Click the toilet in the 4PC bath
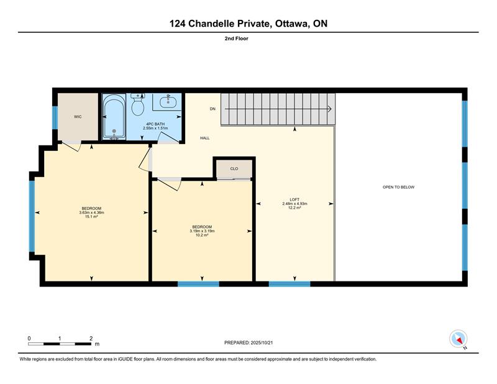pyautogui.click(x=137, y=104)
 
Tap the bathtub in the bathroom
pyautogui.click(x=114, y=116)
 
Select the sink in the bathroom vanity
pyautogui.click(x=167, y=102)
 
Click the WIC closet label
pyautogui.click(x=78, y=117)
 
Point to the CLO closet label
pyautogui.click(x=234, y=168)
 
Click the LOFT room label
pyautogui.click(x=294, y=199)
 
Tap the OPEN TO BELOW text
pyautogui.click(x=398, y=187)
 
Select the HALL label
pyautogui.click(x=205, y=138)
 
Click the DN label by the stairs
pyautogui.click(x=212, y=109)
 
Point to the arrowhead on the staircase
pyautogui.click(x=330, y=109)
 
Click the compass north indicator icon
pyautogui.click(x=458, y=339)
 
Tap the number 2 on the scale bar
pyautogui.click(x=91, y=339)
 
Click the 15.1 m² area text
pyautogui.click(x=91, y=217)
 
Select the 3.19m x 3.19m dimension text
pyautogui.click(x=202, y=231)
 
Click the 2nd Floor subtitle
pyautogui.click(x=237, y=39)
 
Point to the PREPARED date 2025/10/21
pyautogui.click(x=262, y=343)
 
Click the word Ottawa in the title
pyautogui.click(x=291, y=24)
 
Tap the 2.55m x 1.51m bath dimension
pyautogui.click(x=155, y=128)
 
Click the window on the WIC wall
pyautogui.click(x=55, y=117)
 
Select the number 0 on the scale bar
pyautogui.click(x=29, y=339)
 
